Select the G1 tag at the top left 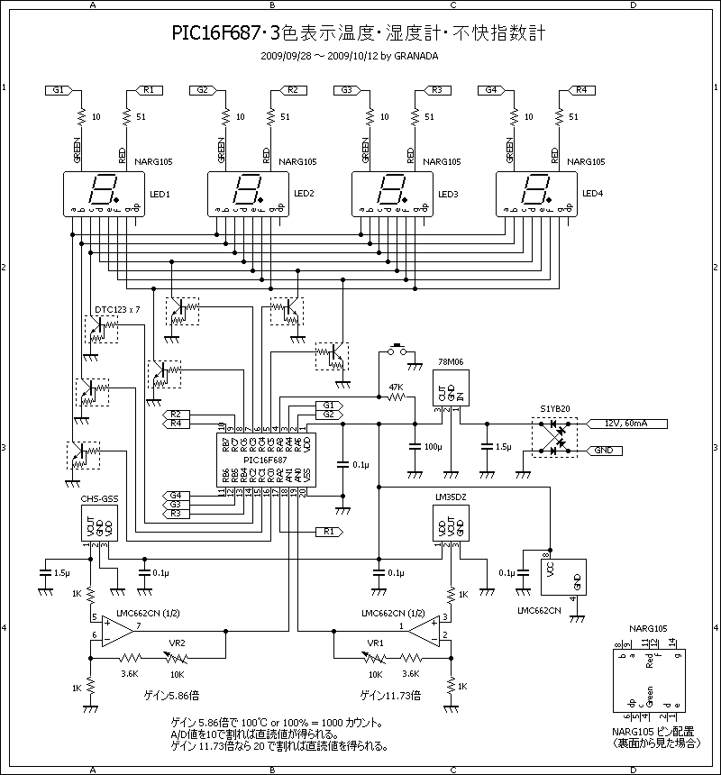click(x=59, y=90)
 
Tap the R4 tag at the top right click(x=580, y=90)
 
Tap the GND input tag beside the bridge click(x=602, y=449)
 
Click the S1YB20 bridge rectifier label click(x=554, y=409)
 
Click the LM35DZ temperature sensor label click(x=450, y=497)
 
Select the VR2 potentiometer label click(x=178, y=643)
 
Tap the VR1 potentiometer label click(x=373, y=643)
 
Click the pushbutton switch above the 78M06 click(x=397, y=348)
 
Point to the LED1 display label click(x=160, y=194)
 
